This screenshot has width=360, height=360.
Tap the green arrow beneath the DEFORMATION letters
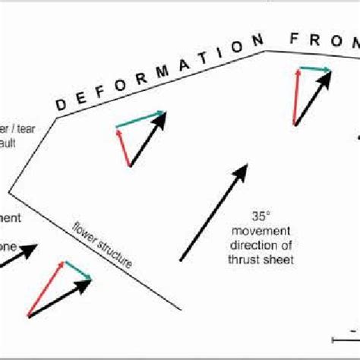pyautogui.click(x=141, y=119)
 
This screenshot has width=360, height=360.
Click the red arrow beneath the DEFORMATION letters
pyautogui.click(x=123, y=145)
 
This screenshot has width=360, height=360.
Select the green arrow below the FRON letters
pyautogui.click(x=314, y=70)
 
